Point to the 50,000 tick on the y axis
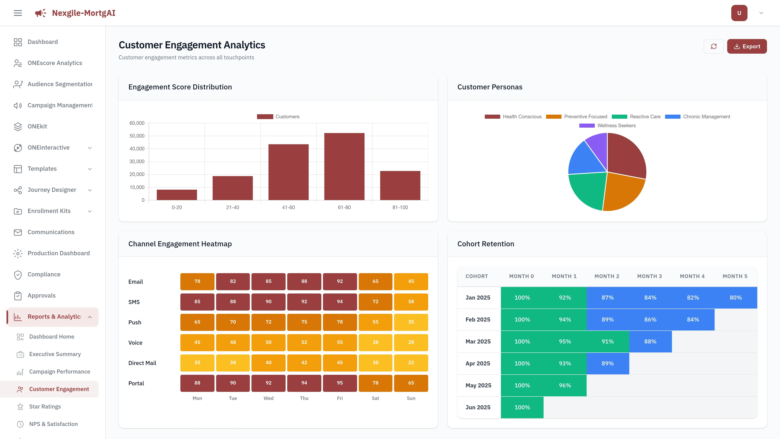pos(137,136)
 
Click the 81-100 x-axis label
pos(400,208)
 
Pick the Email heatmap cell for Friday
pos(340,281)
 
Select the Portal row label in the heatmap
pos(136,383)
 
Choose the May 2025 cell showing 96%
pos(564,385)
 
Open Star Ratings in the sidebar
pos(45,406)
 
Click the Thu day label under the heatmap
pos(304,398)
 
